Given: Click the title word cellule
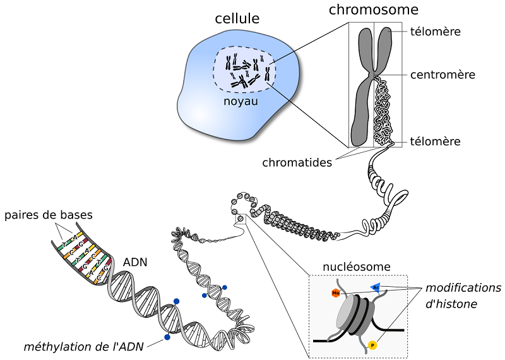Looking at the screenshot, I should click(237, 19).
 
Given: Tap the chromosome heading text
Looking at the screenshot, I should click(374, 9).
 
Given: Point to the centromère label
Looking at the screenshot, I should click(443, 75).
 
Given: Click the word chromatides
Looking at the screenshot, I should click(297, 162).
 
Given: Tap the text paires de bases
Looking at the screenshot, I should click(49, 215).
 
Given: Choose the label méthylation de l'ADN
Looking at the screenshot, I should click(83, 346).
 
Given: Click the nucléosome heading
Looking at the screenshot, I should click(357, 267).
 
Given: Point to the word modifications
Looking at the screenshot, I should click(459, 288).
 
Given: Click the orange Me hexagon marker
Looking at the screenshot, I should click(335, 293).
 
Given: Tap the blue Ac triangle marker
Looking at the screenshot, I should click(375, 287).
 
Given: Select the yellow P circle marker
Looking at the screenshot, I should click(372, 345).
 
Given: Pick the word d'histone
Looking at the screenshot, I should click(451, 304).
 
